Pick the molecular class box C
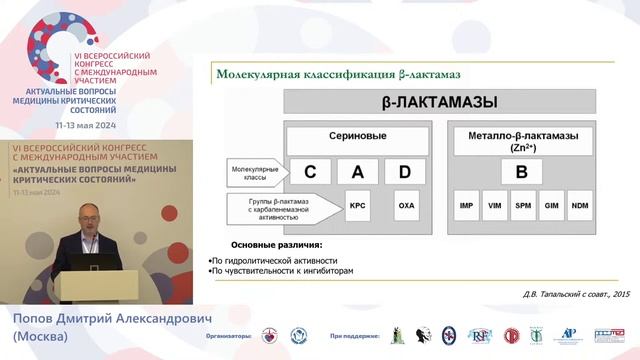[x=310, y=171]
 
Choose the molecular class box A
[x=357, y=171]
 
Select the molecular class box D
[x=404, y=171]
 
